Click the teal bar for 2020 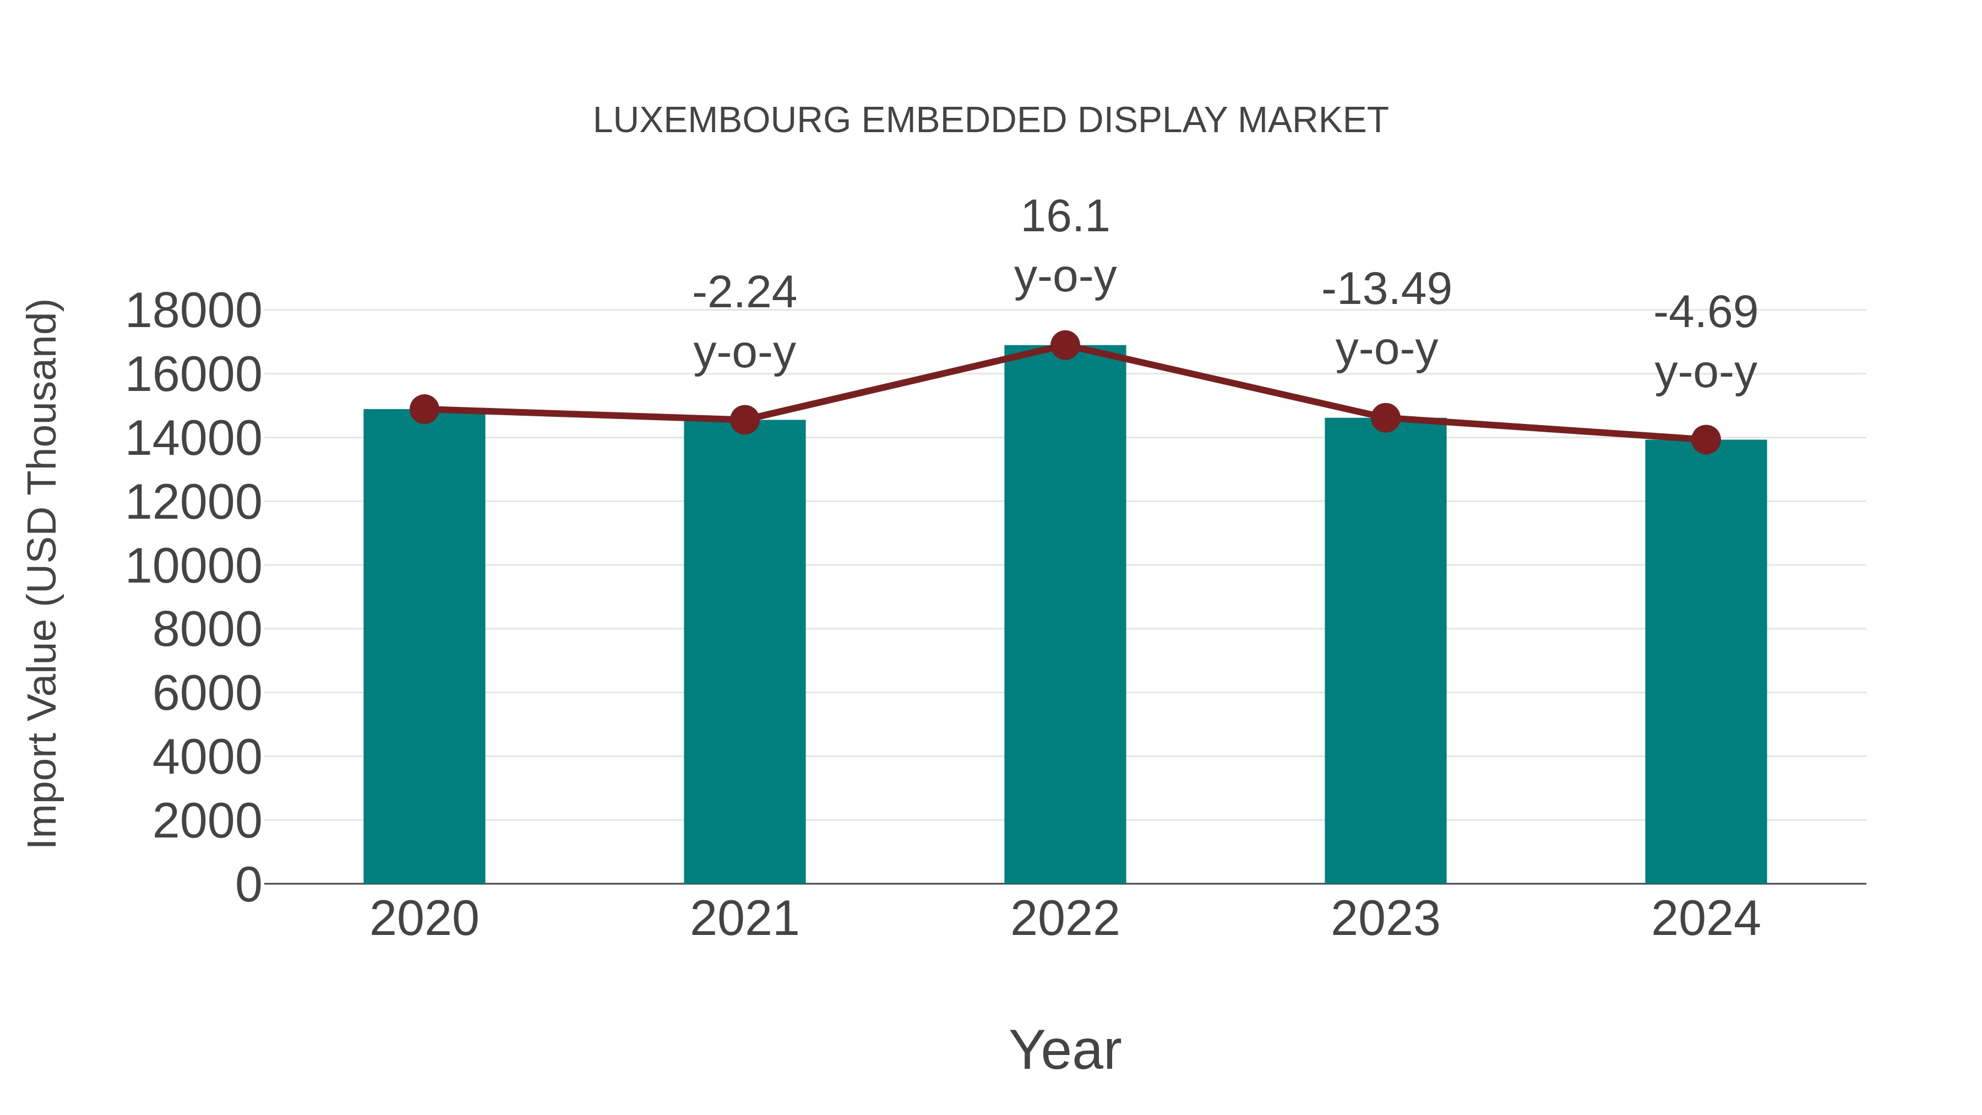point(424,646)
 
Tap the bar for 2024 point(1706,662)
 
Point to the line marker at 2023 point(1386,418)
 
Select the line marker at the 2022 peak point(1065,345)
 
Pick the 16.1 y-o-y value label point(1065,216)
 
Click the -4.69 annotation point(1706,312)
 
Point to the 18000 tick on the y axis point(193,312)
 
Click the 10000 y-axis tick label point(193,567)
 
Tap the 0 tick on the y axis point(248,884)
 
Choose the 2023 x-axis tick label point(1386,919)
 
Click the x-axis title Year point(1065,1049)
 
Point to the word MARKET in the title point(1313,121)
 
